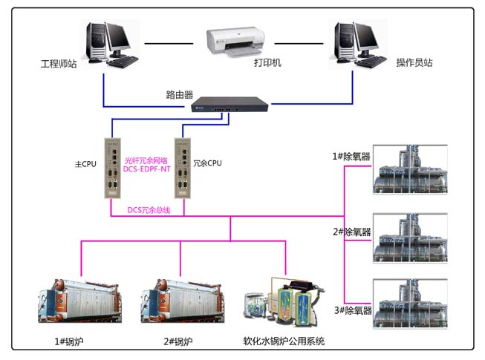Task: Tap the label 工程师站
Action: tap(59, 63)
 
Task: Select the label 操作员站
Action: tap(414, 63)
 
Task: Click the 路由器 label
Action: tap(179, 95)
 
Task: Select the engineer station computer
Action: tap(109, 43)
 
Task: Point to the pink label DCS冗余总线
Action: tap(149, 210)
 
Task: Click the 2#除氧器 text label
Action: tap(351, 232)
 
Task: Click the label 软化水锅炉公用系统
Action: tap(283, 341)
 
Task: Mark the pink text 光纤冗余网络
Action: tap(146, 160)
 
